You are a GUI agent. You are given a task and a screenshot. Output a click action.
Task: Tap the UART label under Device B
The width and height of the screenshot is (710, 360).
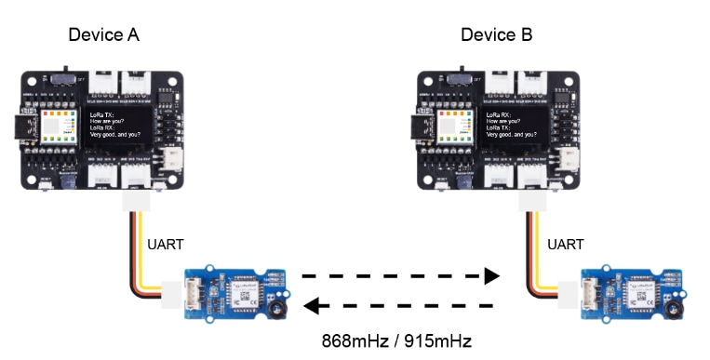click(x=564, y=245)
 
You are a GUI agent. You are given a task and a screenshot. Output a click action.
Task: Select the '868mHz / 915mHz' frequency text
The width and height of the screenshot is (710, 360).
click(x=397, y=341)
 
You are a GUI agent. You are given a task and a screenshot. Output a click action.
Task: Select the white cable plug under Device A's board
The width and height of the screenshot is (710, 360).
click(x=136, y=203)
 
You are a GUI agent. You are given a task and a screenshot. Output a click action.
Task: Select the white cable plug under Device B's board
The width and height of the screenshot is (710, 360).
click(x=532, y=203)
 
